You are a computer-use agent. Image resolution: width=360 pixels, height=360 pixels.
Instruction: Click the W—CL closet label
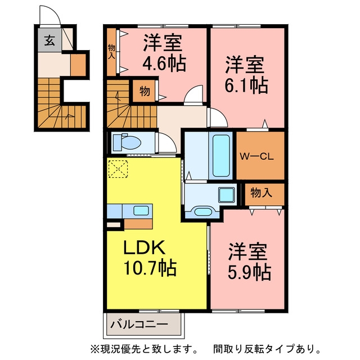(x=256, y=157)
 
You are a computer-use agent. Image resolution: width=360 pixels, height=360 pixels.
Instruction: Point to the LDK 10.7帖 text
(x=150, y=257)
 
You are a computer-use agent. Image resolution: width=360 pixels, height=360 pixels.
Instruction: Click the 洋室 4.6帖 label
(x=164, y=52)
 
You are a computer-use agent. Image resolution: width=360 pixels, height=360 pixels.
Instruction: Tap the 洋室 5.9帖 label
(x=249, y=262)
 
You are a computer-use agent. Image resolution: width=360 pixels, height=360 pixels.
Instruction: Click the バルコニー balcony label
(x=139, y=325)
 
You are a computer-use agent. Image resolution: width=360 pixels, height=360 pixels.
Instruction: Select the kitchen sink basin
(x=141, y=210)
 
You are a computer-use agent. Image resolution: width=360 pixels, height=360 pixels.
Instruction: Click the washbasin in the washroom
(x=203, y=211)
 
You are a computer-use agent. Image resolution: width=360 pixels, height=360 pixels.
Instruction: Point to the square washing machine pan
(x=227, y=195)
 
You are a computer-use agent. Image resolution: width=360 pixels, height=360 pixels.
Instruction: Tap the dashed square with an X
(x=118, y=169)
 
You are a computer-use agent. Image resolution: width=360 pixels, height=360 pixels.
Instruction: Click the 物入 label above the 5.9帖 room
(x=261, y=193)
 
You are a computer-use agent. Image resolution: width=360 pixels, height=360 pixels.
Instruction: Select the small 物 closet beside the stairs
(x=145, y=91)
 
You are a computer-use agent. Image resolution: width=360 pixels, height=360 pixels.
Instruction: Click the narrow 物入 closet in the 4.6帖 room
(x=111, y=52)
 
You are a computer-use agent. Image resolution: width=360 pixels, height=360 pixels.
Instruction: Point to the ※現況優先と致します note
(x=144, y=349)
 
